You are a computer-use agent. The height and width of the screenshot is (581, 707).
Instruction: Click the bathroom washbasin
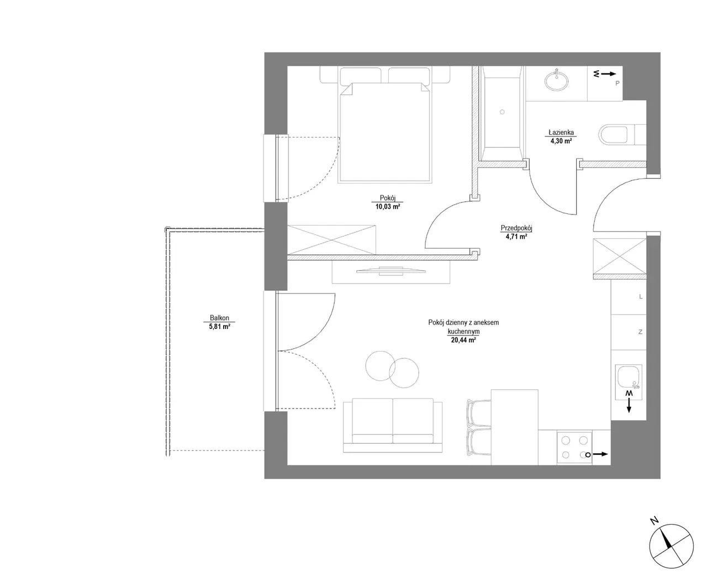tap(556, 80)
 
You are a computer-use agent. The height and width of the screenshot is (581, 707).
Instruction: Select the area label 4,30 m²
tap(561, 141)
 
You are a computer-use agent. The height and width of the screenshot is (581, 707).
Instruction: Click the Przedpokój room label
tap(516, 228)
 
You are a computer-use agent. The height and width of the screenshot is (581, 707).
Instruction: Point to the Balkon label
tap(219, 318)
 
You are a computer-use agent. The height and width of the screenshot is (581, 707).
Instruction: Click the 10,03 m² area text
tap(387, 206)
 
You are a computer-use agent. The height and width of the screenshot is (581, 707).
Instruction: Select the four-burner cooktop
tap(574, 447)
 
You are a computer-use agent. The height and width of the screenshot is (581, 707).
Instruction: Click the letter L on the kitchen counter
tap(641, 296)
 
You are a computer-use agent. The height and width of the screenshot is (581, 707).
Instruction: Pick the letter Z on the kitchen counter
tap(640, 332)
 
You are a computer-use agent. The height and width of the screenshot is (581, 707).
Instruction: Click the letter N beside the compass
tap(653, 521)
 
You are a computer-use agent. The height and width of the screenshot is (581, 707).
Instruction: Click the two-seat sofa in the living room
tap(393, 425)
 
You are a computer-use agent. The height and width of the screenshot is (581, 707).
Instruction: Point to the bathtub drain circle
tap(502, 112)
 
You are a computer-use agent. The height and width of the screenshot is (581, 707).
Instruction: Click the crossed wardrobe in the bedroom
tap(331, 239)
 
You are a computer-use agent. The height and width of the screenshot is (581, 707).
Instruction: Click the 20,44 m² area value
tap(463, 340)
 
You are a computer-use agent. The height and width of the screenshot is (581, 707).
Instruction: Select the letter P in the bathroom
tap(617, 83)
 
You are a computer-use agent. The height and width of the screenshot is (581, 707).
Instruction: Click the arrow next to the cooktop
tap(600, 454)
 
